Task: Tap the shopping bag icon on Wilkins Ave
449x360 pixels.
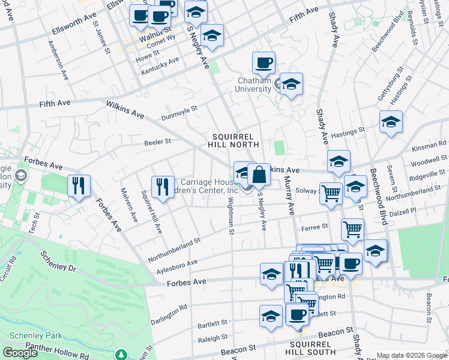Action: [x=259, y=175]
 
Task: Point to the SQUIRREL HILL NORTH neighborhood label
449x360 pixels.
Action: [x=234, y=140]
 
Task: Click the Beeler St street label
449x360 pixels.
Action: [x=158, y=142]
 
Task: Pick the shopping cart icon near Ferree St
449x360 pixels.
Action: [x=352, y=229]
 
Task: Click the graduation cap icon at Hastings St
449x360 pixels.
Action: [x=391, y=122]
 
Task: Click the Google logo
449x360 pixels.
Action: [x=20, y=353]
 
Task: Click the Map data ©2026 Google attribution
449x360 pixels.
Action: [x=412, y=355]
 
